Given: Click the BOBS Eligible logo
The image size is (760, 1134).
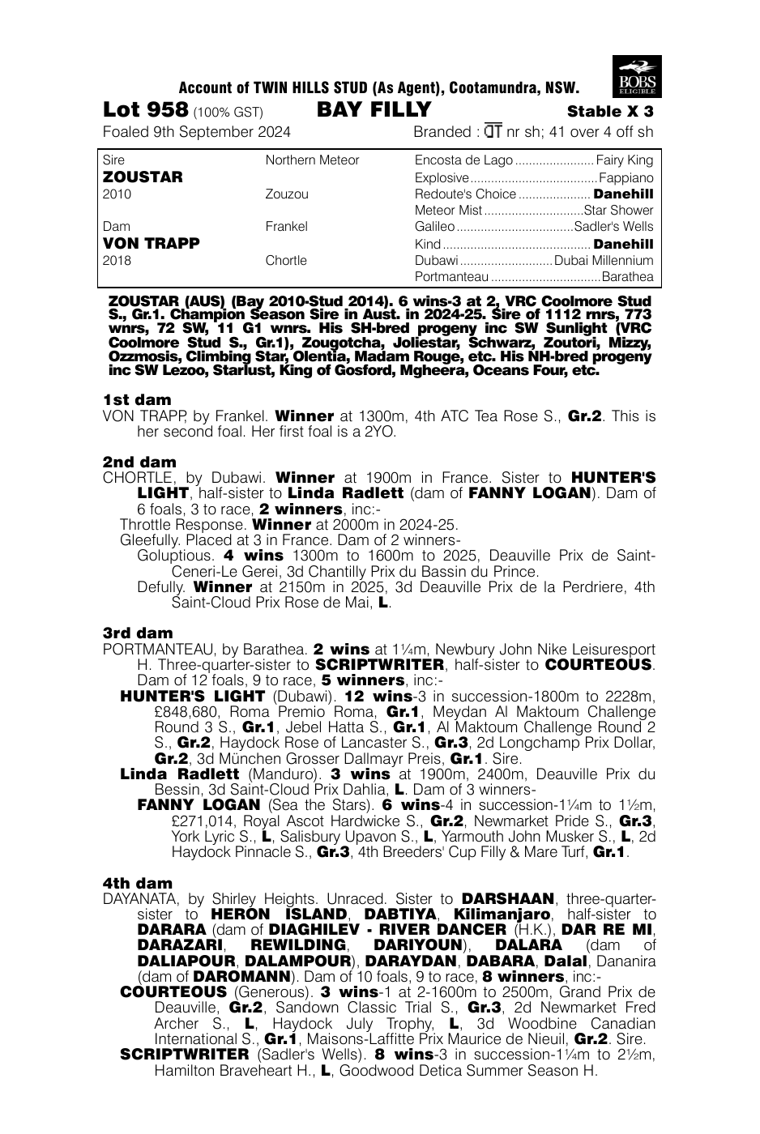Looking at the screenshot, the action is pos(638,76).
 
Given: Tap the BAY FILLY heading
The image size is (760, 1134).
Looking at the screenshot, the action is pos(374,110).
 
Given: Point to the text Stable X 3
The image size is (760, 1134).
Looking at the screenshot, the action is pos(610,112).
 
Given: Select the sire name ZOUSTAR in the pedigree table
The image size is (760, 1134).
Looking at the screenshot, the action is pos(143,177).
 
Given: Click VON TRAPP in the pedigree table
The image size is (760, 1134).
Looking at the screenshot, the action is pos(152,244).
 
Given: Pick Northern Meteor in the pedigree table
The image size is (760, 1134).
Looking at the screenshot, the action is pos(312,160).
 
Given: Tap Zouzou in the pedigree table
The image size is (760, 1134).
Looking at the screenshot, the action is pos(286,194).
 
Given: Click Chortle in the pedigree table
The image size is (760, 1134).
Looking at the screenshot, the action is pos(286,261).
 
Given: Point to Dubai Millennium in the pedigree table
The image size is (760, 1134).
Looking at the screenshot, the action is pos(604,261).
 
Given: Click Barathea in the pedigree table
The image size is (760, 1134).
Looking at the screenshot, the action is pos(627,277).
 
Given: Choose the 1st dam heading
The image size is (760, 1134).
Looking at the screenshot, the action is pos(137,399).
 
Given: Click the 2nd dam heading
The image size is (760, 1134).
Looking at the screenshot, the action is pos(139,463).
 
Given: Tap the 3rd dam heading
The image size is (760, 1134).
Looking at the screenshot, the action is pos(138,633).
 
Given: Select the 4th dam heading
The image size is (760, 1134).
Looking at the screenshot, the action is pos(138,883).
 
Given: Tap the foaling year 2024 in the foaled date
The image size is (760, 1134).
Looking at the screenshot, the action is pos(274,132).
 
